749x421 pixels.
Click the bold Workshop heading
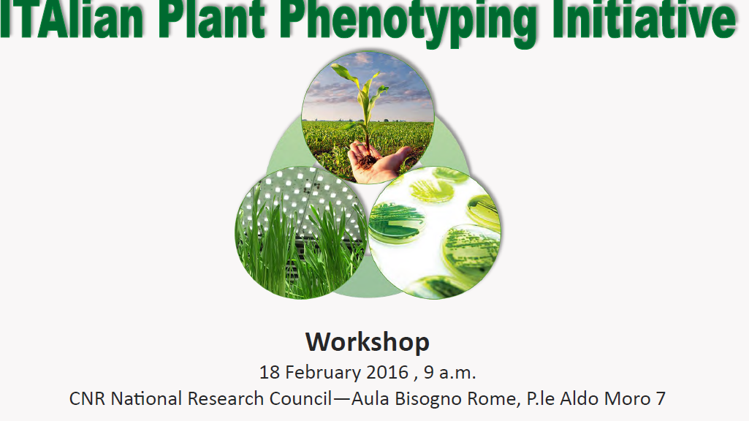(368, 342)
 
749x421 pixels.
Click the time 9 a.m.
(449, 373)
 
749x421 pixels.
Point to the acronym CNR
(88, 398)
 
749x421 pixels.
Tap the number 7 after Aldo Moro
(661, 398)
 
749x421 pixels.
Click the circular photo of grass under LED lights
(301, 232)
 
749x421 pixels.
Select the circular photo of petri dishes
(435, 232)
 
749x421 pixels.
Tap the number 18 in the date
(270, 372)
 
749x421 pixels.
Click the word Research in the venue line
(226, 398)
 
